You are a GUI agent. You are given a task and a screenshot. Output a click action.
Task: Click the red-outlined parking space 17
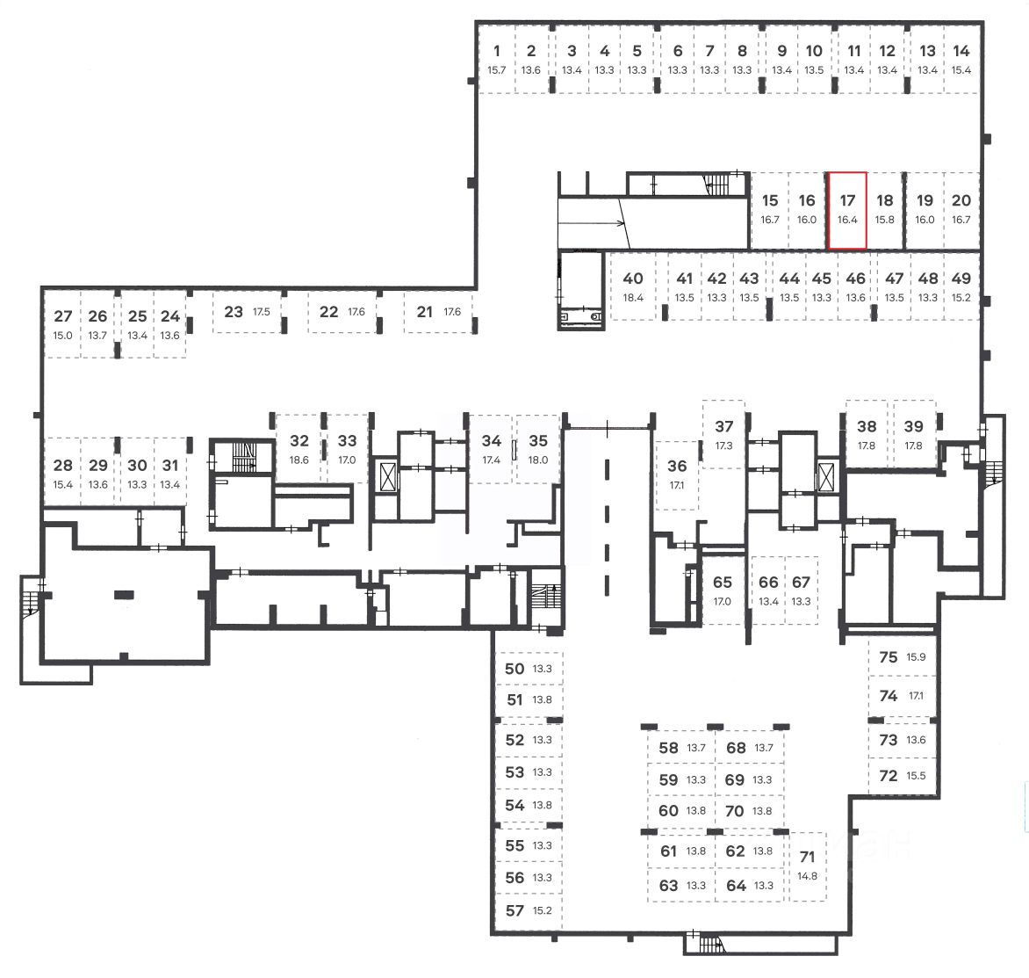[x=847, y=211]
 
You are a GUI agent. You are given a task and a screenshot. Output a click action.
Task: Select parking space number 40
[x=633, y=286]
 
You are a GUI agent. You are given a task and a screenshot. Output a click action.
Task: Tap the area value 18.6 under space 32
[x=299, y=460]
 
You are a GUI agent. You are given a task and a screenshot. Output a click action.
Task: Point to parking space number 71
[x=808, y=865]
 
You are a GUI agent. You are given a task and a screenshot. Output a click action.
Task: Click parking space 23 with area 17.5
[x=247, y=312]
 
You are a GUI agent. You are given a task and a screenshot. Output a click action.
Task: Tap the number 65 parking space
[x=723, y=590]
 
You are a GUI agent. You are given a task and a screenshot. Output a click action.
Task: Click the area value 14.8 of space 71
[x=808, y=875]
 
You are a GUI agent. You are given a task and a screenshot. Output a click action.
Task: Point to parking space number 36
[x=677, y=474]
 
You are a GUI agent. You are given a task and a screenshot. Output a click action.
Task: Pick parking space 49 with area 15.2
[x=961, y=286]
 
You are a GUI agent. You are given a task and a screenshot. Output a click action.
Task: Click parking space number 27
[x=63, y=324]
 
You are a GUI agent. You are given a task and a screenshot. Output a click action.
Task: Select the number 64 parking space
[x=749, y=885]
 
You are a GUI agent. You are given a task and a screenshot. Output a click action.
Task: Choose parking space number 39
[x=914, y=434]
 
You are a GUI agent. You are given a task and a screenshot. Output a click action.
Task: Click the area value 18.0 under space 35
[x=537, y=460]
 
